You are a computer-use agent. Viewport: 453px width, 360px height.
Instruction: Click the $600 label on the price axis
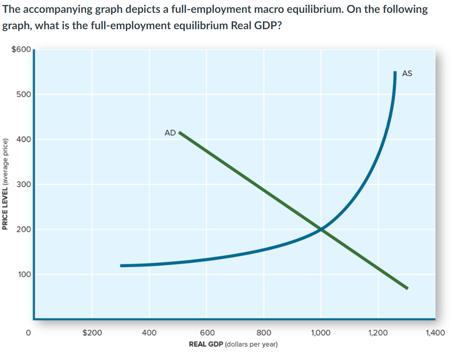tap(21, 49)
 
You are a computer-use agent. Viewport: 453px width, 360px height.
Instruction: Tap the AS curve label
tap(407, 73)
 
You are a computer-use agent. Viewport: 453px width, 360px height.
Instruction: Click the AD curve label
tap(170, 133)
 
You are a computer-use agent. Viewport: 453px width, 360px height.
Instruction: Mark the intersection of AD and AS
tap(321, 229)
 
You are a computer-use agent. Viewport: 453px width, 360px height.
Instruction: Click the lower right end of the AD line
tap(407, 288)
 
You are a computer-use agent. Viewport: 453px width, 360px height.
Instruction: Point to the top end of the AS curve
tap(395, 72)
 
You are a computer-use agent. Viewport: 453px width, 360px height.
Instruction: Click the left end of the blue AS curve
tap(121, 266)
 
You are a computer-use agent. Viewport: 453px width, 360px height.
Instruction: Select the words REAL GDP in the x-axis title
tap(206, 344)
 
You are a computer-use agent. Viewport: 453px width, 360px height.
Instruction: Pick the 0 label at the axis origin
tap(28, 333)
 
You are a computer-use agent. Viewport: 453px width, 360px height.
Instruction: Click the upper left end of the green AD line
tap(179, 132)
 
